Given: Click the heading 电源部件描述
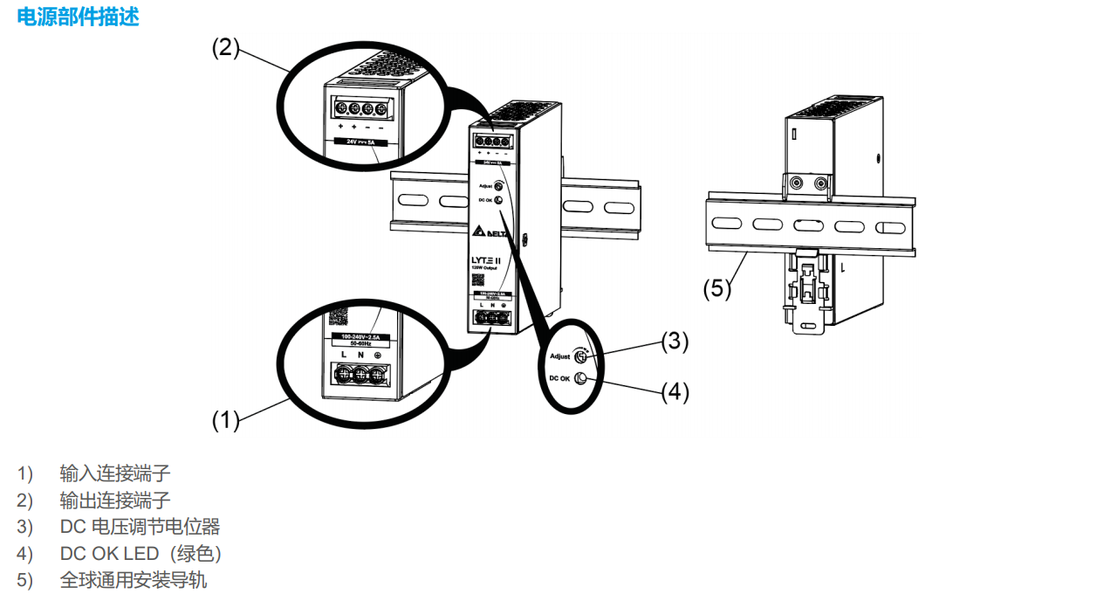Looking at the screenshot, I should pyautogui.click(x=78, y=17).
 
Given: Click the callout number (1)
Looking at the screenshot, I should pyautogui.click(x=225, y=420).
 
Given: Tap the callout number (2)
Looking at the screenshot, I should pyautogui.click(x=225, y=47).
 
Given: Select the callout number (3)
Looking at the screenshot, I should pyautogui.click(x=674, y=342).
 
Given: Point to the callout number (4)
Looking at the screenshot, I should pyautogui.click(x=674, y=392).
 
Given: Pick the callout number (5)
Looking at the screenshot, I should pyautogui.click(x=717, y=289).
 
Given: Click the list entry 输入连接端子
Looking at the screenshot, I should pyautogui.click(x=115, y=473).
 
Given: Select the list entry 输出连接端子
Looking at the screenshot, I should pyautogui.click(x=115, y=501).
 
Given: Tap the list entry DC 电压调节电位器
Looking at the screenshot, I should pyautogui.click(x=140, y=527).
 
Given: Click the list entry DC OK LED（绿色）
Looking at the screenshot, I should pyautogui.click(x=140, y=554).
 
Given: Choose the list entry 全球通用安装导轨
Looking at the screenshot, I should pyautogui.click(x=134, y=580).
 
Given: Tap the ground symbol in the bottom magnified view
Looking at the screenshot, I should pyautogui.click(x=377, y=355).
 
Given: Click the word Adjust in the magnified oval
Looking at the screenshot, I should pyautogui.click(x=560, y=356).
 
